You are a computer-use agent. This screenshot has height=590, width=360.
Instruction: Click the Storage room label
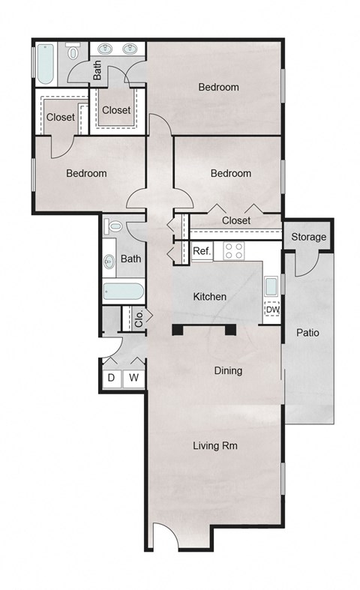click(x=308, y=237)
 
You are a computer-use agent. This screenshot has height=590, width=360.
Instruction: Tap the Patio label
click(x=308, y=332)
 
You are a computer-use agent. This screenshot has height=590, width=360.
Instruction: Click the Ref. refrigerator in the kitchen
click(x=202, y=251)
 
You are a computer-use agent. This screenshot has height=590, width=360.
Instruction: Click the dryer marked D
click(x=111, y=378)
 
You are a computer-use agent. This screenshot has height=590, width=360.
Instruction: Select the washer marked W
click(x=133, y=378)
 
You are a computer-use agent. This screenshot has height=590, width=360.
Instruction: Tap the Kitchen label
click(x=209, y=297)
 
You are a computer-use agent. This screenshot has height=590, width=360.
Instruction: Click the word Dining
click(x=228, y=370)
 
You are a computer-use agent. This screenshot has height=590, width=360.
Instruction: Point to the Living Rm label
click(x=215, y=445)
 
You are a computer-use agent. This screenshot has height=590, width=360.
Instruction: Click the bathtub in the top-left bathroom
click(x=44, y=65)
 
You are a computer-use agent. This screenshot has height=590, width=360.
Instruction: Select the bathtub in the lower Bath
click(x=123, y=290)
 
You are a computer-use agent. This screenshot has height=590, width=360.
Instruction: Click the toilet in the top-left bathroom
click(x=73, y=52)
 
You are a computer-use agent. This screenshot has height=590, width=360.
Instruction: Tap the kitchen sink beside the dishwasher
click(x=271, y=286)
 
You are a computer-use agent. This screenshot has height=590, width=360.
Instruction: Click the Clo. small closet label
click(x=139, y=319)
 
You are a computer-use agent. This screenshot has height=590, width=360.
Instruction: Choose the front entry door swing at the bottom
click(x=166, y=536)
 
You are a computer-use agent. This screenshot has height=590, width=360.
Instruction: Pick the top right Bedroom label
click(x=218, y=87)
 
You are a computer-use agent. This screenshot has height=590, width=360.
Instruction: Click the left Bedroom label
click(x=86, y=173)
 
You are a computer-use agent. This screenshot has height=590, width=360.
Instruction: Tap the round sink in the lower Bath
click(x=110, y=261)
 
